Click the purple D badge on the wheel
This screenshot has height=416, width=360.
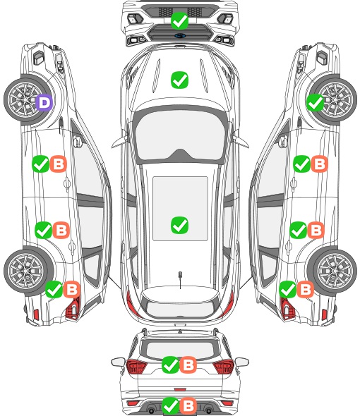coord(44,102)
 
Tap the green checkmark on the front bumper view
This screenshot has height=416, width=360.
coord(179,20)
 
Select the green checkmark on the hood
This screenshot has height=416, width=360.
coord(179,80)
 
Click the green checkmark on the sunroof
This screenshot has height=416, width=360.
coord(179,225)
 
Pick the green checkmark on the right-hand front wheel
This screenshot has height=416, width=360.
coord(316,102)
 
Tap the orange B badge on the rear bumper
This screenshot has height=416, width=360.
coord(188,405)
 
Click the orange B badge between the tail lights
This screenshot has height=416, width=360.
coord(188,365)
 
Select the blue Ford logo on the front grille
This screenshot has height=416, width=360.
coord(180,35)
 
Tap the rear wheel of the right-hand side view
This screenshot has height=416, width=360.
coord(334,271)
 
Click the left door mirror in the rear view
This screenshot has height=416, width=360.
coord(119,362)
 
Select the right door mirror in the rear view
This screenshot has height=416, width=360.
coord(242,362)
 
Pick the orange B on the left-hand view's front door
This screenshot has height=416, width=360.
coord(59,164)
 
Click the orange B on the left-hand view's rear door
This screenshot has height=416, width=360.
coord(61,230)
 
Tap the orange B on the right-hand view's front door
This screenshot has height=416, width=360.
coord(319,164)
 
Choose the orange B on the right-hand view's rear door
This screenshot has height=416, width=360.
coord(316,230)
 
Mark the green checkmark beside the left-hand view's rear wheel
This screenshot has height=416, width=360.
coord(54,290)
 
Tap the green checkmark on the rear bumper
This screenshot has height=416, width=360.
coord(171,405)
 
